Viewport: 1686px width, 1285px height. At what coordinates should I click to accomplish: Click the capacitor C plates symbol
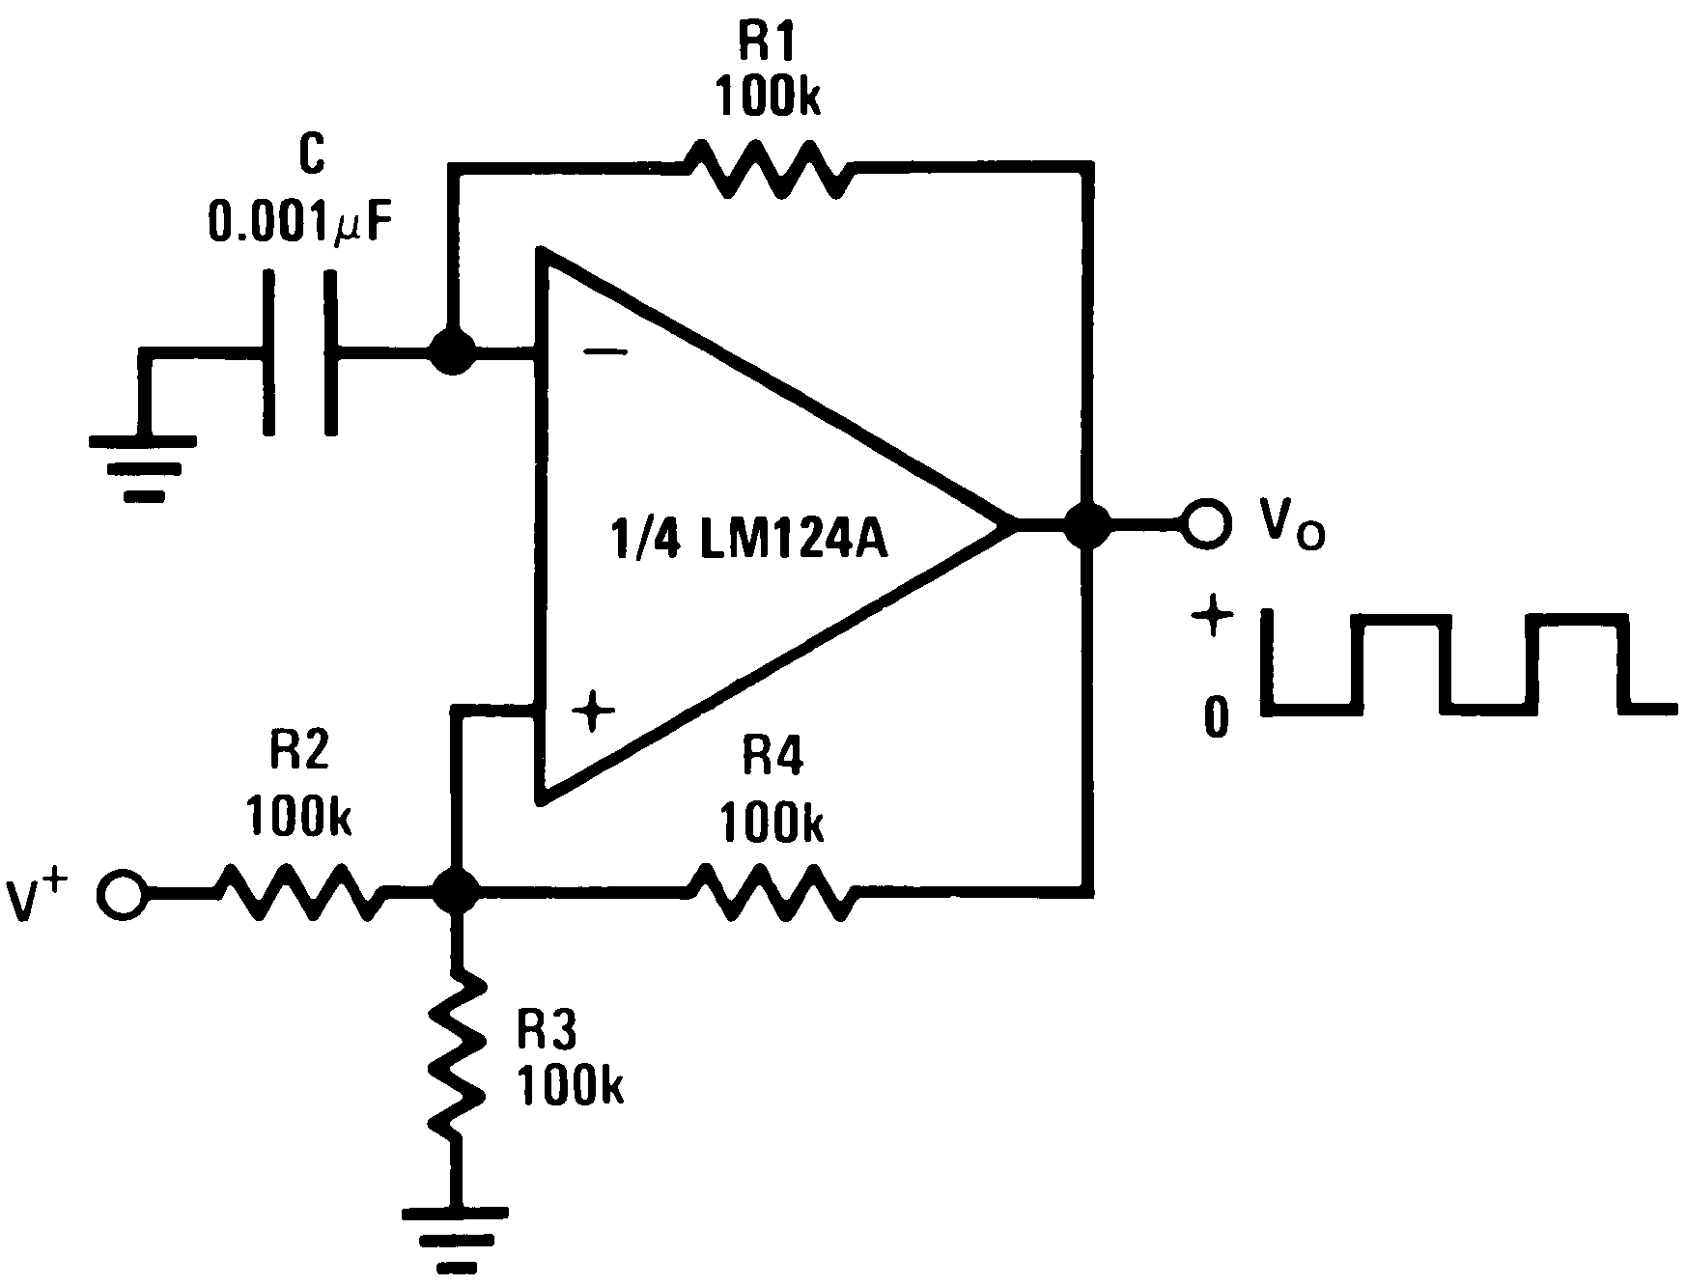(x=300, y=352)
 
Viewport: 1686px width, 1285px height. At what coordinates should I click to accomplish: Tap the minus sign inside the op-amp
(x=604, y=352)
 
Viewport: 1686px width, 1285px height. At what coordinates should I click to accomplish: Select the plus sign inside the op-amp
(x=593, y=712)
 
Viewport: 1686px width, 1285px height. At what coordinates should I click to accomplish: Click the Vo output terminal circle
(x=1207, y=524)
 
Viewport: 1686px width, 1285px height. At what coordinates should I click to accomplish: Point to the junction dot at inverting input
(x=451, y=352)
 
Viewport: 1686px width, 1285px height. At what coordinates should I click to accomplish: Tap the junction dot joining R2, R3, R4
(x=454, y=890)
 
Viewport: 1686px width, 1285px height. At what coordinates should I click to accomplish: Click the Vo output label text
(x=1291, y=526)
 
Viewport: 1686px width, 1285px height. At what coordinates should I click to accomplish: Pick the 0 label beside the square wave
(x=1216, y=717)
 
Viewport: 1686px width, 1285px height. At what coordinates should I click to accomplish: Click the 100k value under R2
(x=298, y=817)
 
